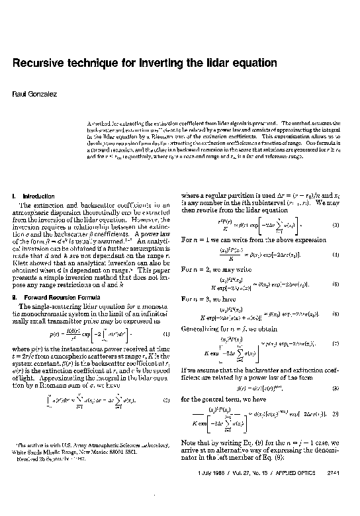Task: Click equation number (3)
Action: pyautogui.click(x=336, y=226)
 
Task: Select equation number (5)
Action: pyautogui.click(x=336, y=284)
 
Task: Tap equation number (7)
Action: pyautogui.click(x=336, y=344)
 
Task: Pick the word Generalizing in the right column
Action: pyautogui.click(x=197, y=328)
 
